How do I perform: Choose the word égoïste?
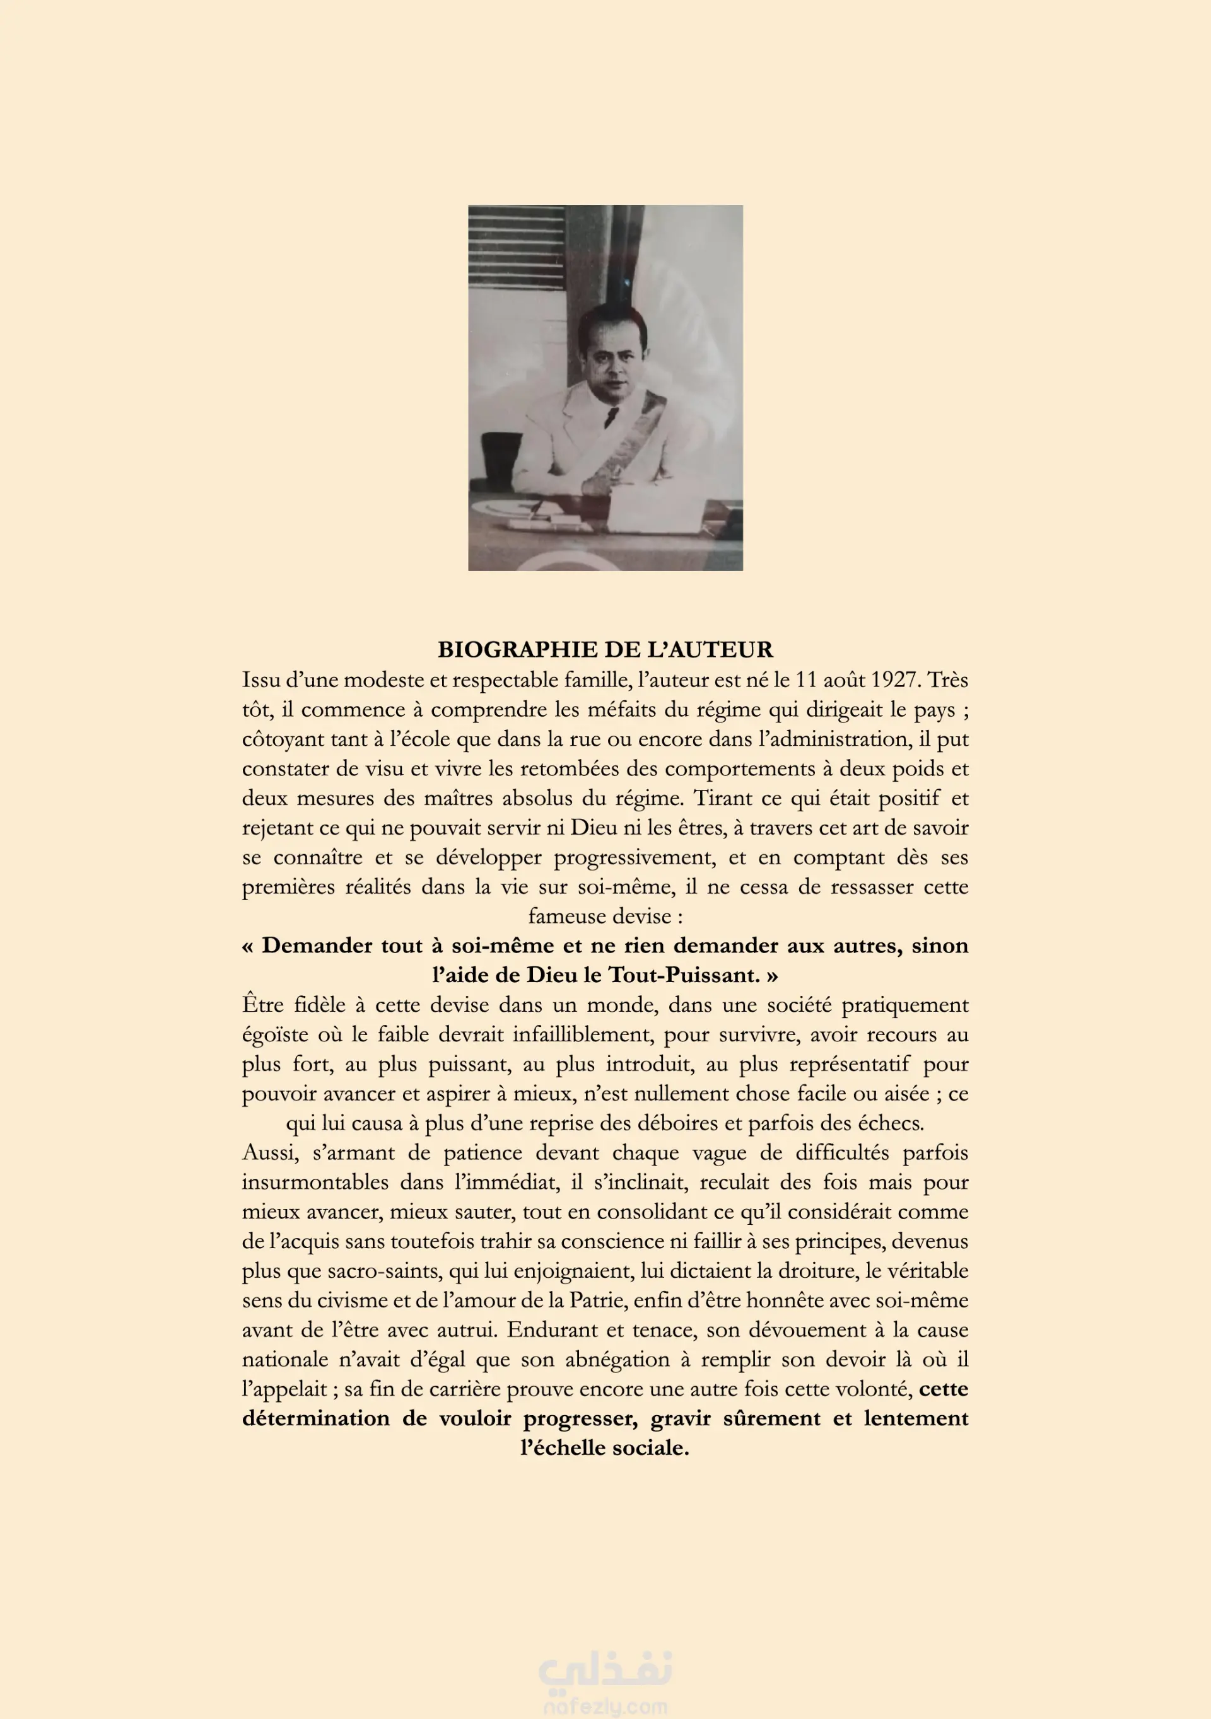click(x=275, y=1034)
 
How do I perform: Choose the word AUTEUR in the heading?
click(x=722, y=649)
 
